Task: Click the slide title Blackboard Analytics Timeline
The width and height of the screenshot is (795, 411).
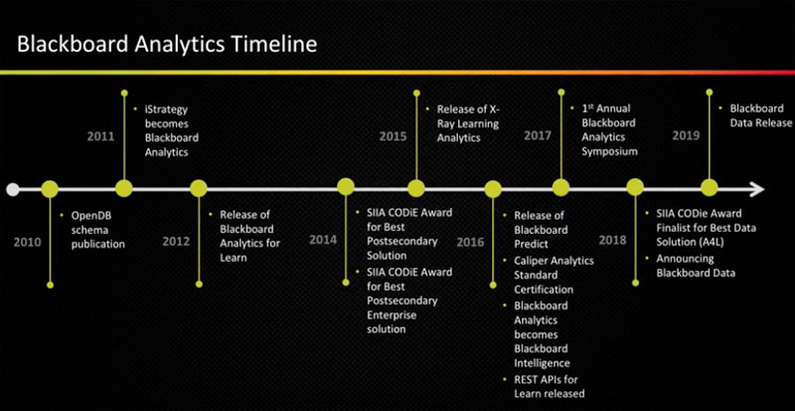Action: pyautogui.click(x=167, y=44)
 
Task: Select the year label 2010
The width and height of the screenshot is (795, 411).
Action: pyautogui.click(x=28, y=243)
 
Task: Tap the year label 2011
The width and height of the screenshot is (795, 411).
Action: pyautogui.click(x=101, y=136)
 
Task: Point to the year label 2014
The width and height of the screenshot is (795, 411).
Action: pyautogui.click(x=323, y=239)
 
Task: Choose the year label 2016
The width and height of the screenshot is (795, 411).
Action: pyautogui.click(x=470, y=243)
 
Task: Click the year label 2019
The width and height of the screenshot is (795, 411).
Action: pyautogui.click(x=686, y=135)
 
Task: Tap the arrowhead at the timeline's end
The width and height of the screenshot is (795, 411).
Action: pyautogui.click(x=756, y=189)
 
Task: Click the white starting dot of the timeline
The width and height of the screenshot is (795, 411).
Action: pyautogui.click(x=13, y=189)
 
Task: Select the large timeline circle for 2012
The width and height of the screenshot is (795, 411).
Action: pyautogui.click(x=199, y=188)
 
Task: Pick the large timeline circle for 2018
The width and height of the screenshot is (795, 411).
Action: pyautogui.click(x=635, y=187)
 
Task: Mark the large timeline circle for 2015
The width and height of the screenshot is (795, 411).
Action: pyautogui.click(x=416, y=188)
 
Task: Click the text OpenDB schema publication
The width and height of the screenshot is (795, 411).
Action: pyautogui.click(x=97, y=230)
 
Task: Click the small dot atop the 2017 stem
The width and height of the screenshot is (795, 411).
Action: pyautogui.click(x=560, y=93)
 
